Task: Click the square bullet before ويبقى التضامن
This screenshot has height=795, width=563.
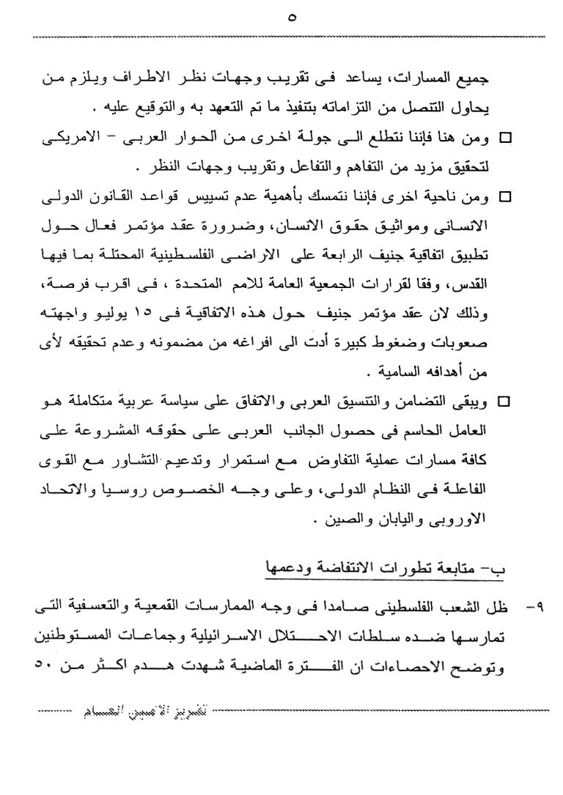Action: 504,402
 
